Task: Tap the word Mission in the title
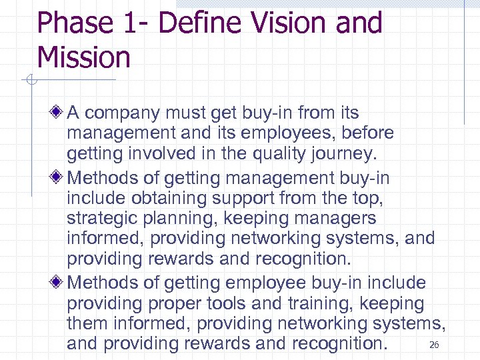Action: (84, 57)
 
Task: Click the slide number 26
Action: (434, 345)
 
